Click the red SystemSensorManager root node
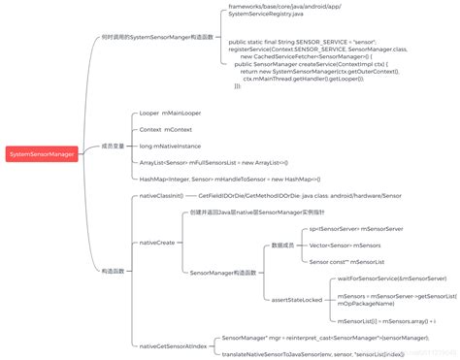tap(40, 153)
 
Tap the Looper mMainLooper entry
tap(170, 113)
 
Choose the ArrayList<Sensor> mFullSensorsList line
tap(213, 161)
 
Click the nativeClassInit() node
tap(162, 195)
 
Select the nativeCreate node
tap(157, 242)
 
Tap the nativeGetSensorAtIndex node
tap(173, 344)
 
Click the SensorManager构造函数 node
tap(224, 273)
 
